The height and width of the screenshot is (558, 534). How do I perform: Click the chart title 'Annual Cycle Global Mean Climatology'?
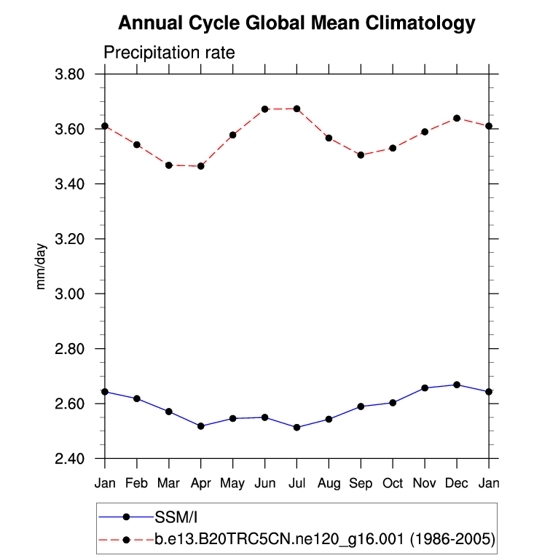(296, 23)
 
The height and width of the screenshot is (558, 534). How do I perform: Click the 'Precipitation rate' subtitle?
(169, 53)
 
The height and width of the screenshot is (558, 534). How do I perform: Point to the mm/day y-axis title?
(41, 267)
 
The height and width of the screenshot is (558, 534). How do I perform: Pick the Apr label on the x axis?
(201, 484)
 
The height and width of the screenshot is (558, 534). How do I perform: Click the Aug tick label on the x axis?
(329, 484)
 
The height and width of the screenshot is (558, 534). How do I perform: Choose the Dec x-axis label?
(457, 484)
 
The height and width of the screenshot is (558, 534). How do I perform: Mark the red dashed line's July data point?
(297, 109)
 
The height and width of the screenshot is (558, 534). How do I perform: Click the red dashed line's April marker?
(201, 166)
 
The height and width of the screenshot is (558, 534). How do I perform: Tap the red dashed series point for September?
(361, 154)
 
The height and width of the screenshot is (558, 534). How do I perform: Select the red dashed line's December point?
(457, 118)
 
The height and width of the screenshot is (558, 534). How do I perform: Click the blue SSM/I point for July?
(297, 427)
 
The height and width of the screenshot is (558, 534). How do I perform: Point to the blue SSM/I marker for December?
(457, 385)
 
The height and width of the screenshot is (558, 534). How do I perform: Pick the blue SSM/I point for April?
(201, 425)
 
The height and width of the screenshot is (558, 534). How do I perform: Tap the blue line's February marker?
(137, 398)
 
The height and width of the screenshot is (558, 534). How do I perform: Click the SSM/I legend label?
(176, 517)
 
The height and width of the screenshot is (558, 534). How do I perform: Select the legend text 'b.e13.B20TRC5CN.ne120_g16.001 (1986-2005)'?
(325, 540)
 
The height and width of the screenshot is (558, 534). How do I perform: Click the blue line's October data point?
(393, 402)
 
